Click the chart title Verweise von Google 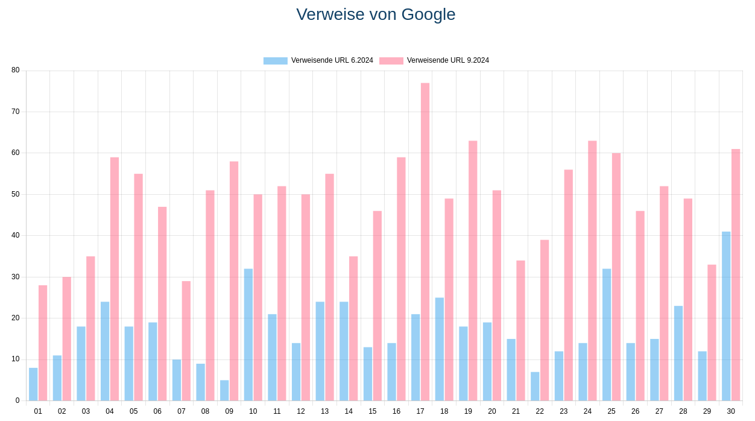coord(376,14)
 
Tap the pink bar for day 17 coord(425,241)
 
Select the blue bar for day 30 coord(726,316)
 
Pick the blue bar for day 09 coord(224,390)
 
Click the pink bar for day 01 coord(43,343)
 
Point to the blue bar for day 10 coord(248,335)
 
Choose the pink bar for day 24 coord(592,271)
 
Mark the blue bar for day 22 coord(535,386)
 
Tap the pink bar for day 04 coord(115,279)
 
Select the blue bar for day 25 coord(607,335)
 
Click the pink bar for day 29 coord(712,332)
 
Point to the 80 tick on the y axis coord(15,70)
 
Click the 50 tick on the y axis coord(15,194)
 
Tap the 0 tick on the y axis coord(17,400)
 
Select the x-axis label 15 coord(373,411)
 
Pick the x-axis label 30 coord(731,411)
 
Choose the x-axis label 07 coord(182,411)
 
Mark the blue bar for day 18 coord(440,349)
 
